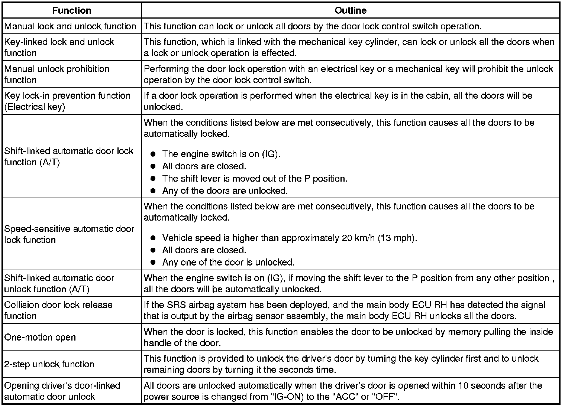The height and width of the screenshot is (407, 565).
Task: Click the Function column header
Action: pyautogui.click(x=72, y=10)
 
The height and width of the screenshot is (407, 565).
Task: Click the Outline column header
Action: pyautogui.click(x=350, y=10)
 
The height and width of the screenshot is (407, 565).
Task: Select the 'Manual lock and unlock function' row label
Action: pyautogui.click(x=70, y=26)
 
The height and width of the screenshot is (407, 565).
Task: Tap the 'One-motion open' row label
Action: pyautogui.click(x=40, y=338)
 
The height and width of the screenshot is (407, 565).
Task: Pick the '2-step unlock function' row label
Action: pyautogui.click(x=49, y=364)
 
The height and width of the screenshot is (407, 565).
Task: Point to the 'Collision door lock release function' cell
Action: pyautogui.click(x=58, y=310)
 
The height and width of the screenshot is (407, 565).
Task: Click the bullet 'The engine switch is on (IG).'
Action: pyautogui.click(x=221, y=154)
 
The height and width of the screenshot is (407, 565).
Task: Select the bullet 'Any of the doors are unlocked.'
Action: pyautogui.click(x=225, y=191)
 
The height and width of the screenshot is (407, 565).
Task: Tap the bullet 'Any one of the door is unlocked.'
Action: pyautogui.click(x=228, y=263)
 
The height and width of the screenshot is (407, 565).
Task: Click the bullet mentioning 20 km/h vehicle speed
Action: pyautogui.click(x=290, y=238)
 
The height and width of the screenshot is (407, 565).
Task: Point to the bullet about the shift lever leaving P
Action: pyautogui.click(x=255, y=179)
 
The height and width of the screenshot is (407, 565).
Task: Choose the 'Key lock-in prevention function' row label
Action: pyautogui.click(x=67, y=101)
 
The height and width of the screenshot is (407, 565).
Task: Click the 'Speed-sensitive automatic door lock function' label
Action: pyautogui.click(x=69, y=234)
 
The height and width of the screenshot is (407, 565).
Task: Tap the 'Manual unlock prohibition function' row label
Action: pyautogui.click(x=57, y=75)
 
